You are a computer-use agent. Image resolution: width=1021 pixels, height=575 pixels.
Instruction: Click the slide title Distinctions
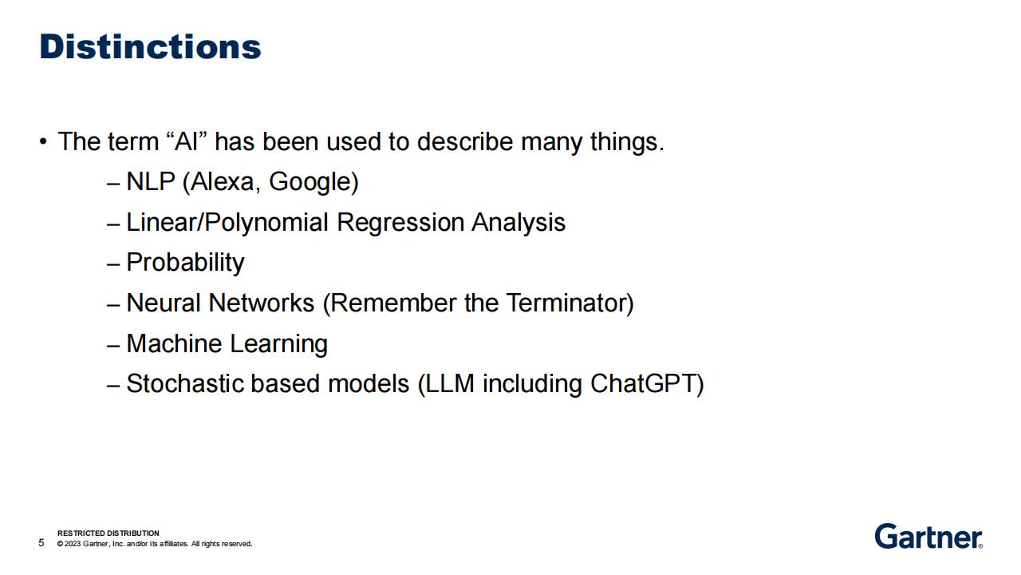click(150, 46)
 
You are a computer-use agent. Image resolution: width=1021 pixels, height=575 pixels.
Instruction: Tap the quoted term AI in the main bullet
click(187, 141)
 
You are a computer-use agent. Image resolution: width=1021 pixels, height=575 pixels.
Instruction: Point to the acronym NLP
click(151, 181)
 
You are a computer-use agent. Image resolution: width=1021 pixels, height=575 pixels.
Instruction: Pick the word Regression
click(400, 223)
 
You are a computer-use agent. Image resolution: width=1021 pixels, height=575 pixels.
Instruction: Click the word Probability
click(185, 264)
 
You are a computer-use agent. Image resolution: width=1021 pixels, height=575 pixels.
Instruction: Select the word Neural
click(164, 303)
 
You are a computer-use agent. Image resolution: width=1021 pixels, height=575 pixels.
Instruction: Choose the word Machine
click(174, 343)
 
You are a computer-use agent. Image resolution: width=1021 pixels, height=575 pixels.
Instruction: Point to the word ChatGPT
click(643, 383)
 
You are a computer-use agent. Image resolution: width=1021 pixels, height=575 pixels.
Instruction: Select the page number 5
click(41, 542)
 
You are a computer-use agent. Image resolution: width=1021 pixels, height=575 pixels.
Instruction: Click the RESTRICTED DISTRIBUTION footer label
click(108, 533)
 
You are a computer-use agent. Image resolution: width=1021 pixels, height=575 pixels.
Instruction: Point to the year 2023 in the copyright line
click(73, 544)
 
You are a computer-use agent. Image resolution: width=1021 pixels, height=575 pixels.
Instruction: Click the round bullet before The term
click(43, 141)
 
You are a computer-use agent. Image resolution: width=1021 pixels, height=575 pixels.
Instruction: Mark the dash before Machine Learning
click(113, 346)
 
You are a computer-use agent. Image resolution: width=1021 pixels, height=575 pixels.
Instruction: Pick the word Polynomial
click(266, 223)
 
